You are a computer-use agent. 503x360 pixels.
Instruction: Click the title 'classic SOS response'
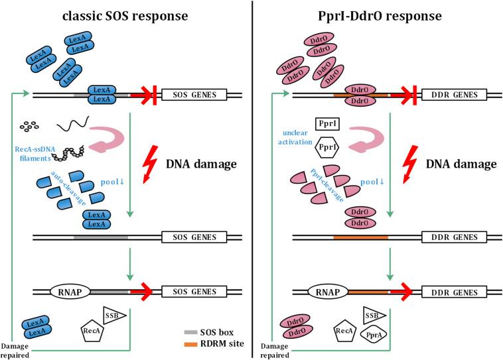point(126,14)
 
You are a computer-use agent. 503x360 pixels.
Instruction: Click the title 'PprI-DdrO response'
point(378,14)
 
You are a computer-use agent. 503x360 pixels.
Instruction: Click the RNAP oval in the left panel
point(68,290)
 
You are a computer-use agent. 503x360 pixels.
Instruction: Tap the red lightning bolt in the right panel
point(411,160)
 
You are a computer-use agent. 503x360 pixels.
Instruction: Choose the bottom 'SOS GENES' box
point(194,290)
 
